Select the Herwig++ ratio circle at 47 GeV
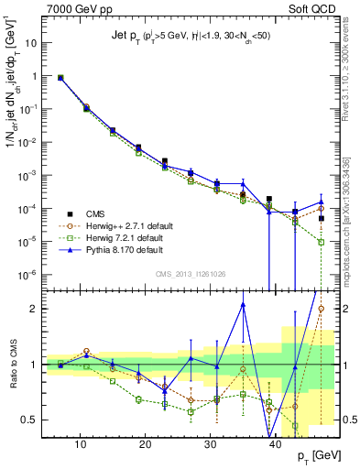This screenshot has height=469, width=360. tap(321, 309)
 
